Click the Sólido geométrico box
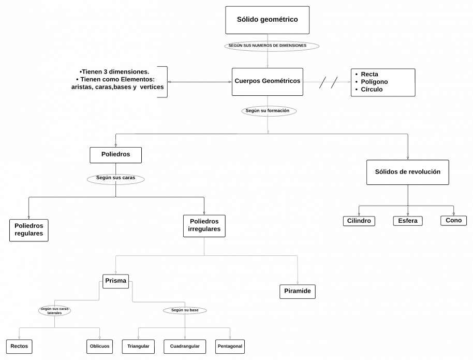coord(267,20)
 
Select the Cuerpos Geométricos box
coord(267,81)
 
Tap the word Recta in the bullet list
coord(369,75)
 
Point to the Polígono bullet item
coord(374,82)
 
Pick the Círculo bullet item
coord(372,89)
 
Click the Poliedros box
coord(115,154)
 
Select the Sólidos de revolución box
coord(407,172)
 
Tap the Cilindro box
coord(359,221)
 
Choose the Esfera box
coord(408,221)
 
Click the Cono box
coord(453,220)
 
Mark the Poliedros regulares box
coord(28,230)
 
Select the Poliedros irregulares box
coord(204,226)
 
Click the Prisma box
coord(115,281)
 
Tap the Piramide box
coord(298,291)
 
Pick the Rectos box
coord(19,346)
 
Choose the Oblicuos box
coord(99,346)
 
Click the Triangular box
coord(138,346)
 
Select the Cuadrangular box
coord(185,346)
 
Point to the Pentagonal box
coord(230,346)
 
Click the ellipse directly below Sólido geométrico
coord(272,46)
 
